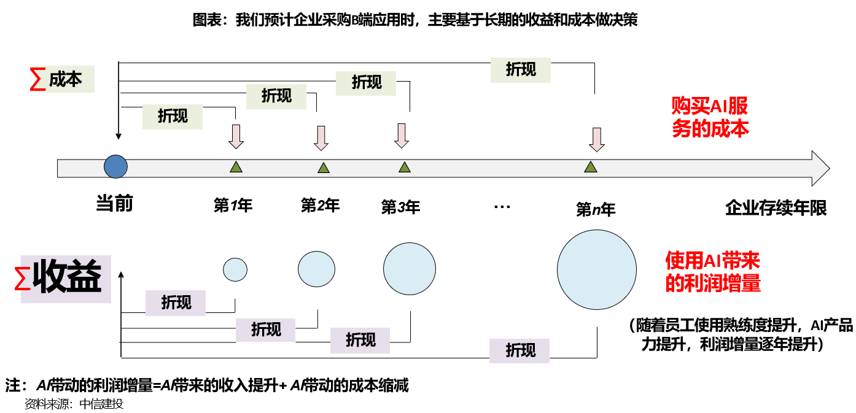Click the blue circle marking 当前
point(115,166)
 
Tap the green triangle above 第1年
point(236,166)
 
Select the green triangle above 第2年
point(323,168)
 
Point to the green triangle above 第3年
point(404,167)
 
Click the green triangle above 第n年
point(590,167)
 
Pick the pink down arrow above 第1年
point(236,136)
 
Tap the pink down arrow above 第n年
point(596,139)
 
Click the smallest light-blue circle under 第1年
point(235,269)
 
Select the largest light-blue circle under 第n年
point(596,269)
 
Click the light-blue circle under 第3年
point(409,269)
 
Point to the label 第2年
point(320,205)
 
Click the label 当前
point(115,204)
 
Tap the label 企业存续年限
point(776,207)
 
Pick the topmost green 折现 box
point(521,70)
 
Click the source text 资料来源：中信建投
point(74,404)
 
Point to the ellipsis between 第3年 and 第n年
point(502,207)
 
